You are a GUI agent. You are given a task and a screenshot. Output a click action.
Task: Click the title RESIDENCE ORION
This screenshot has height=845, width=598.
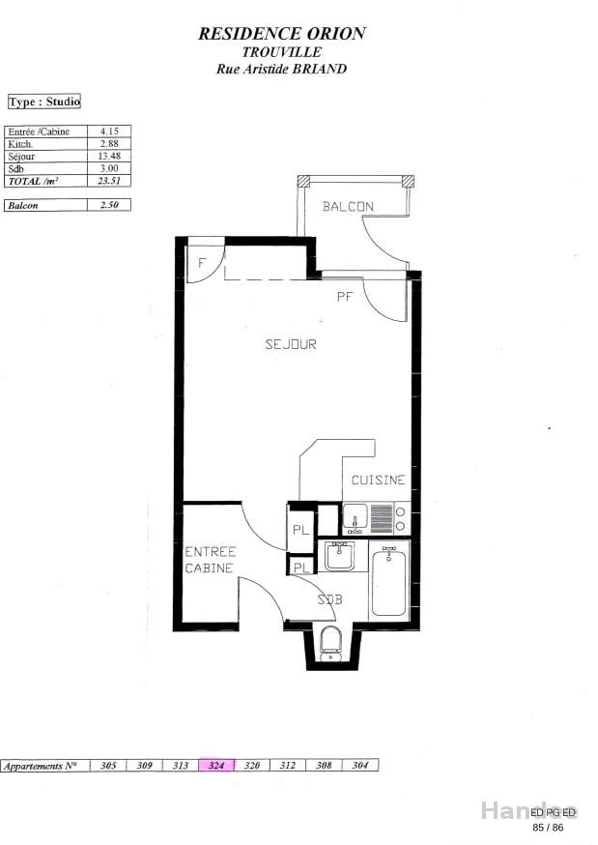(282, 33)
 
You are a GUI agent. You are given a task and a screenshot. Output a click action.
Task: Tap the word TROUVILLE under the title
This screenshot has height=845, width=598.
(282, 52)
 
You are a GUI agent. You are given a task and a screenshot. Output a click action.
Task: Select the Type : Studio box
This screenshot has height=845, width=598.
(44, 102)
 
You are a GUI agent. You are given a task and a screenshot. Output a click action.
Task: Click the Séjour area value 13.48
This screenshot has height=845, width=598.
(108, 156)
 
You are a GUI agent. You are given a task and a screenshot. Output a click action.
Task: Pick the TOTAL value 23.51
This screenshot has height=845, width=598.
(108, 181)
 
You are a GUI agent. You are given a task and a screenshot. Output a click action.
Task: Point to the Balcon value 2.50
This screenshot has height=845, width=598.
(108, 205)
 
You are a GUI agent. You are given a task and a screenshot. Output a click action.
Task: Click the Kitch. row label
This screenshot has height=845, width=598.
(21, 143)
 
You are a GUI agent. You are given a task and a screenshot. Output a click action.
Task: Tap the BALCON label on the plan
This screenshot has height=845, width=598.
(348, 207)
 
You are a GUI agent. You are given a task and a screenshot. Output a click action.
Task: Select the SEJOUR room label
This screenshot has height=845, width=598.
(291, 344)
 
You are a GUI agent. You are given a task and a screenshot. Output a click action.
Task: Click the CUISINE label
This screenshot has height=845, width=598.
(378, 481)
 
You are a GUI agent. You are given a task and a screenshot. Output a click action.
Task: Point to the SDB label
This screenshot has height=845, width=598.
(329, 599)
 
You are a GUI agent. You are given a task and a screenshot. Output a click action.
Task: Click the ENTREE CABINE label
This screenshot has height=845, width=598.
(210, 560)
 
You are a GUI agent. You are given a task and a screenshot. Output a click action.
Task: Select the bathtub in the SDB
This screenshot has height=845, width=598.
(390, 580)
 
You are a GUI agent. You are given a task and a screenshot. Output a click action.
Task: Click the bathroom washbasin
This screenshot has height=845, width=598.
(339, 557)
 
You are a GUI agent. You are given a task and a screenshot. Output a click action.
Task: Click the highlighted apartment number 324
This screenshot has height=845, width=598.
(216, 765)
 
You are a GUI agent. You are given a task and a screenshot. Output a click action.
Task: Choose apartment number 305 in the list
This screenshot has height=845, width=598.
(108, 765)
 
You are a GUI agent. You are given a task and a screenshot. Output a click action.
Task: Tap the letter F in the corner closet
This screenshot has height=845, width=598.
(201, 262)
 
